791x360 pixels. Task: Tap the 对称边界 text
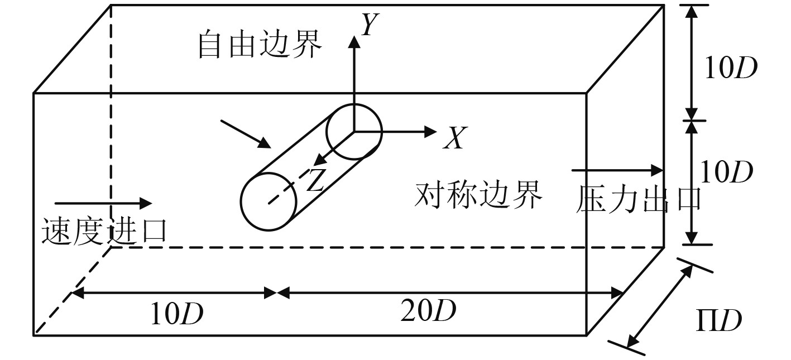coord(479,195)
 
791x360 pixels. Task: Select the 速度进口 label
coord(104,231)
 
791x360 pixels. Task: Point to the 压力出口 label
coord(638,200)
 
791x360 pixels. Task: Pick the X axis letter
coord(453,138)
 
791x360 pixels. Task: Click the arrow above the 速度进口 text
coord(103,202)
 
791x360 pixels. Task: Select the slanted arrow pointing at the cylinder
coord(246,134)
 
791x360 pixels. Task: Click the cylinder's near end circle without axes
coord(269,201)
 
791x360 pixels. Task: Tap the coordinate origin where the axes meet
coord(353,132)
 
